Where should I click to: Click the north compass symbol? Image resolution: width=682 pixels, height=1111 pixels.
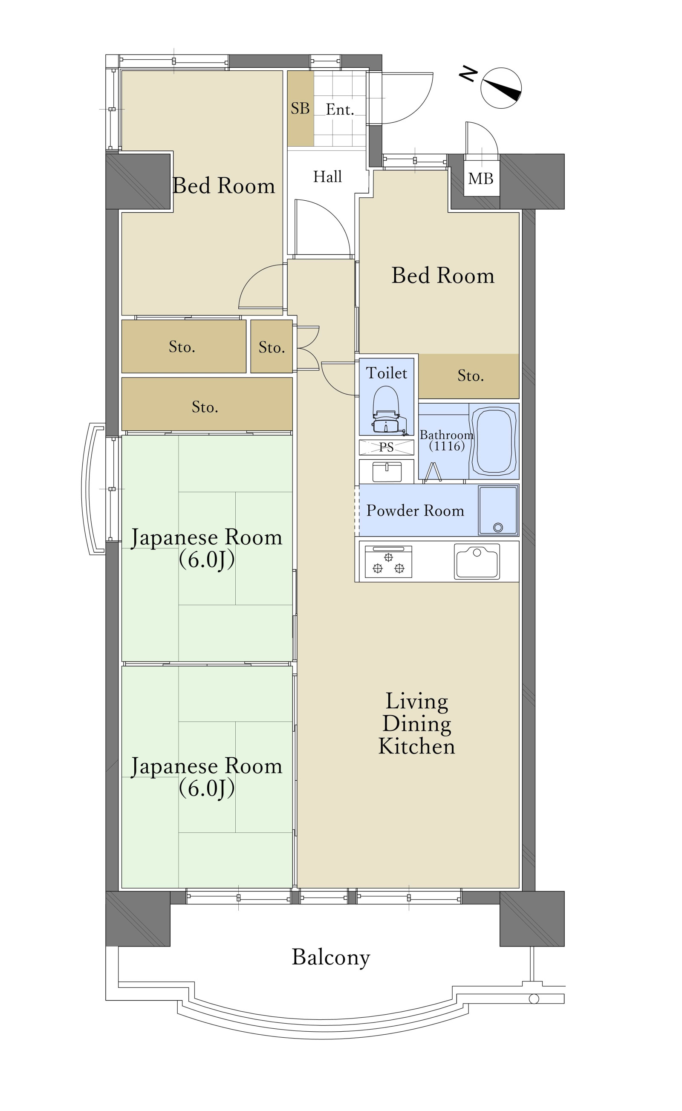point(501,88)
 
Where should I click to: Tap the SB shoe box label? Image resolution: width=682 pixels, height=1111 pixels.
point(300,109)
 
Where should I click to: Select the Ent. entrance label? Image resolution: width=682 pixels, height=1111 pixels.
point(340,110)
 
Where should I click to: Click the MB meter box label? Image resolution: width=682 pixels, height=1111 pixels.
point(481,179)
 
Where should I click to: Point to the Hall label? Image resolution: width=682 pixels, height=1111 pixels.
point(327,177)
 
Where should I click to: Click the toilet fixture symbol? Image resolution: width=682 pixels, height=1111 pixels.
point(386,410)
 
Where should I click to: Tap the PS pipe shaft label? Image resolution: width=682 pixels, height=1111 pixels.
point(386,447)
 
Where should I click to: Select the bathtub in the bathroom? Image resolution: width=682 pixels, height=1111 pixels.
point(494,441)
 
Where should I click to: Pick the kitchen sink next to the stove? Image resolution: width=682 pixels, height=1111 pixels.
point(477,561)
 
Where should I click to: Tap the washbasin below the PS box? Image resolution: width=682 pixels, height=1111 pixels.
point(387,472)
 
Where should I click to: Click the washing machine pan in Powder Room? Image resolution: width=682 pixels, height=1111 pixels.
point(498,510)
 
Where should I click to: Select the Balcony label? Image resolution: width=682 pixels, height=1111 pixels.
point(331,957)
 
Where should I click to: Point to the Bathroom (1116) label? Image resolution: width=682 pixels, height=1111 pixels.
point(446,441)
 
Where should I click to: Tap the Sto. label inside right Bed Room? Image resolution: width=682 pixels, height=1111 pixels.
point(471,375)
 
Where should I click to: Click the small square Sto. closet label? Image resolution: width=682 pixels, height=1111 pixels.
point(272,347)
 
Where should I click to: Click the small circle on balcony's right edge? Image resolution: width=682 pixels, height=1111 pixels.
point(534,999)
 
